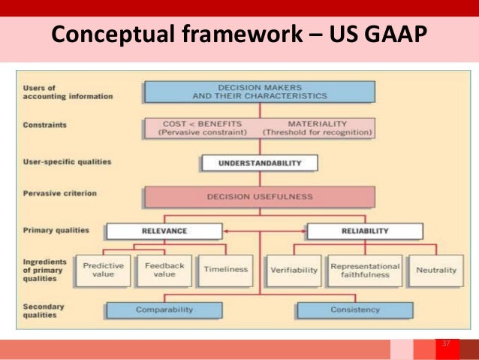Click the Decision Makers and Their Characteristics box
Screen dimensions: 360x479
point(260,91)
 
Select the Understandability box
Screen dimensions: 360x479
point(260,162)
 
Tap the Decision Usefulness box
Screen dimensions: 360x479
point(260,197)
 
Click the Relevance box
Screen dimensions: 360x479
point(164,231)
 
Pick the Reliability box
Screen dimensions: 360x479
point(364,231)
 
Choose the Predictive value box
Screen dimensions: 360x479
point(103,270)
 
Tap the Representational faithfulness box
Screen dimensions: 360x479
point(365,270)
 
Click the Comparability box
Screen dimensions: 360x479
point(164,309)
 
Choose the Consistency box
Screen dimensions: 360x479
point(355,309)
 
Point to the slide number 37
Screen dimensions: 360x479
point(446,343)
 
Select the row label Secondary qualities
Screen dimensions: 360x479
point(45,310)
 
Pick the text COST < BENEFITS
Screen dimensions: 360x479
point(198,123)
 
